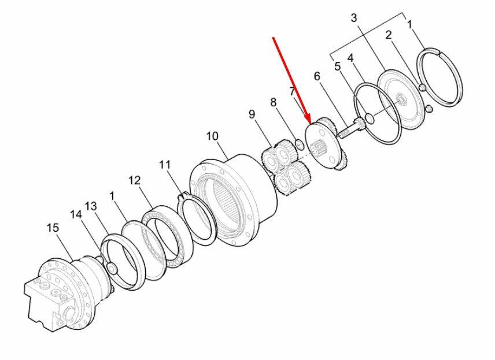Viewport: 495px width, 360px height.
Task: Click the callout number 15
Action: click(x=53, y=228)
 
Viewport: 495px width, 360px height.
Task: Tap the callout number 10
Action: click(x=212, y=136)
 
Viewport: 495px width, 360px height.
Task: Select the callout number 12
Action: click(x=134, y=180)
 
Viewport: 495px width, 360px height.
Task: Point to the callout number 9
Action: click(x=252, y=114)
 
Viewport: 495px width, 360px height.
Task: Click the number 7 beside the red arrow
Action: click(x=293, y=92)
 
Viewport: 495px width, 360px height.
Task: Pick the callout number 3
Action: click(x=354, y=18)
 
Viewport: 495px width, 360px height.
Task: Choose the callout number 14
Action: click(x=76, y=214)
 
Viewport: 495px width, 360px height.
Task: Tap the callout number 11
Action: click(x=165, y=164)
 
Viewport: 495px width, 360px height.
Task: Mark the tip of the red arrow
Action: click(x=311, y=123)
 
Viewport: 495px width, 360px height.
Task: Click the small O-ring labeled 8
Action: click(x=300, y=144)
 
